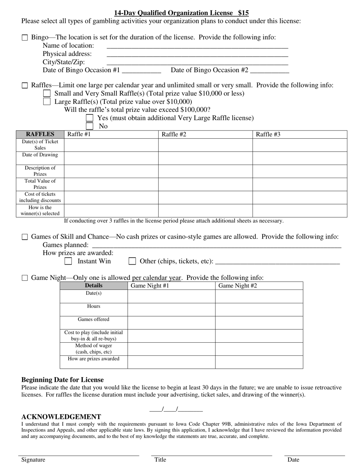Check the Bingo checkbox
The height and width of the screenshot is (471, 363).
[x=25, y=38]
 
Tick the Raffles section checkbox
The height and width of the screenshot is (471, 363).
[x=25, y=85]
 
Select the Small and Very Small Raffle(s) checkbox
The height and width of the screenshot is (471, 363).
[x=47, y=93]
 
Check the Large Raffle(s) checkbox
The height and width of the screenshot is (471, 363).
[x=47, y=102]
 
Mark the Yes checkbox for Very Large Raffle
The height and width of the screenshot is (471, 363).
[x=89, y=118]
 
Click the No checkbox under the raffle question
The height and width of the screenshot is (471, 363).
[x=89, y=126]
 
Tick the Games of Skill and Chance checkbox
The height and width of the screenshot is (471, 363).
[x=25, y=237]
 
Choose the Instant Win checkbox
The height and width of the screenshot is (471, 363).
[x=68, y=261]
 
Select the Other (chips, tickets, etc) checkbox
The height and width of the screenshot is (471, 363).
[x=132, y=261]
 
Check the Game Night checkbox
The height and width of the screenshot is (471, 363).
[x=25, y=278]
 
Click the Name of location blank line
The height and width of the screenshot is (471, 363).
[x=197, y=46]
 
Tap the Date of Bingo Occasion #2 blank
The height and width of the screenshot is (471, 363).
[x=269, y=70]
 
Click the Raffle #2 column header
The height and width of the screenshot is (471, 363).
[x=205, y=134]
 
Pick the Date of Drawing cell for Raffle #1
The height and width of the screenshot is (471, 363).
[x=111, y=158]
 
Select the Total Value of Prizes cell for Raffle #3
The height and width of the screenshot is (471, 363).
[x=300, y=185]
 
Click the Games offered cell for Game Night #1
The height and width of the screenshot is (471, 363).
[x=171, y=323]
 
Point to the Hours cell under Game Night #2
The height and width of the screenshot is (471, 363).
[x=259, y=309]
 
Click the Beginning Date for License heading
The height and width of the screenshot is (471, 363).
[x=62, y=380]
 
